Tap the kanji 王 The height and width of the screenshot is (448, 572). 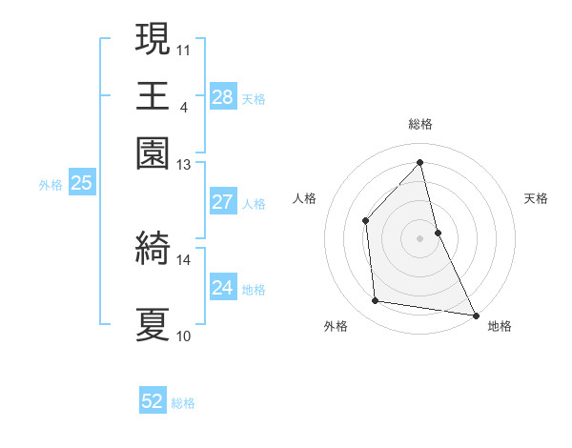pyautogui.click(x=153, y=96)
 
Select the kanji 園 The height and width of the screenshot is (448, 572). pyautogui.click(x=153, y=154)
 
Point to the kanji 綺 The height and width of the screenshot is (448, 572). pyautogui.click(x=153, y=250)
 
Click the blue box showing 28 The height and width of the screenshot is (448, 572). pyautogui.click(x=222, y=97)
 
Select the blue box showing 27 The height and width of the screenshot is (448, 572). pyautogui.click(x=222, y=202)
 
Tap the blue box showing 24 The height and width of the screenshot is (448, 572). pyautogui.click(x=222, y=288)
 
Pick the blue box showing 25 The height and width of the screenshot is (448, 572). pyautogui.click(x=81, y=183)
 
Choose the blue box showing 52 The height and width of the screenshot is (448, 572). pyautogui.click(x=153, y=401)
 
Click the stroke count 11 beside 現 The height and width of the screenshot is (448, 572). pyautogui.click(x=184, y=48)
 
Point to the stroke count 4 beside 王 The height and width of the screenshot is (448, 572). pyautogui.click(x=184, y=107)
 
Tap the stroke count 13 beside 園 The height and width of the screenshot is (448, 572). pyautogui.click(x=184, y=165)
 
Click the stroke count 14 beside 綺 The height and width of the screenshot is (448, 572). pyautogui.click(x=184, y=259)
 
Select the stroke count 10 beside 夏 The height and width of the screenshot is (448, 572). pyautogui.click(x=184, y=336)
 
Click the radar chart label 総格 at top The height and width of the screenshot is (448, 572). pyautogui.click(x=420, y=124)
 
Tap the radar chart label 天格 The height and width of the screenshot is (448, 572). pyautogui.click(x=536, y=198)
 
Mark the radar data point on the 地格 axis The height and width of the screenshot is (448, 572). pyautogui.click(x=475, y=314)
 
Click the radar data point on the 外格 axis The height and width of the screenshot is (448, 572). pyautogui.click(x=376, y=301)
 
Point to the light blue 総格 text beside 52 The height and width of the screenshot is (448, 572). pyautogui.click(x=183, y=403)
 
